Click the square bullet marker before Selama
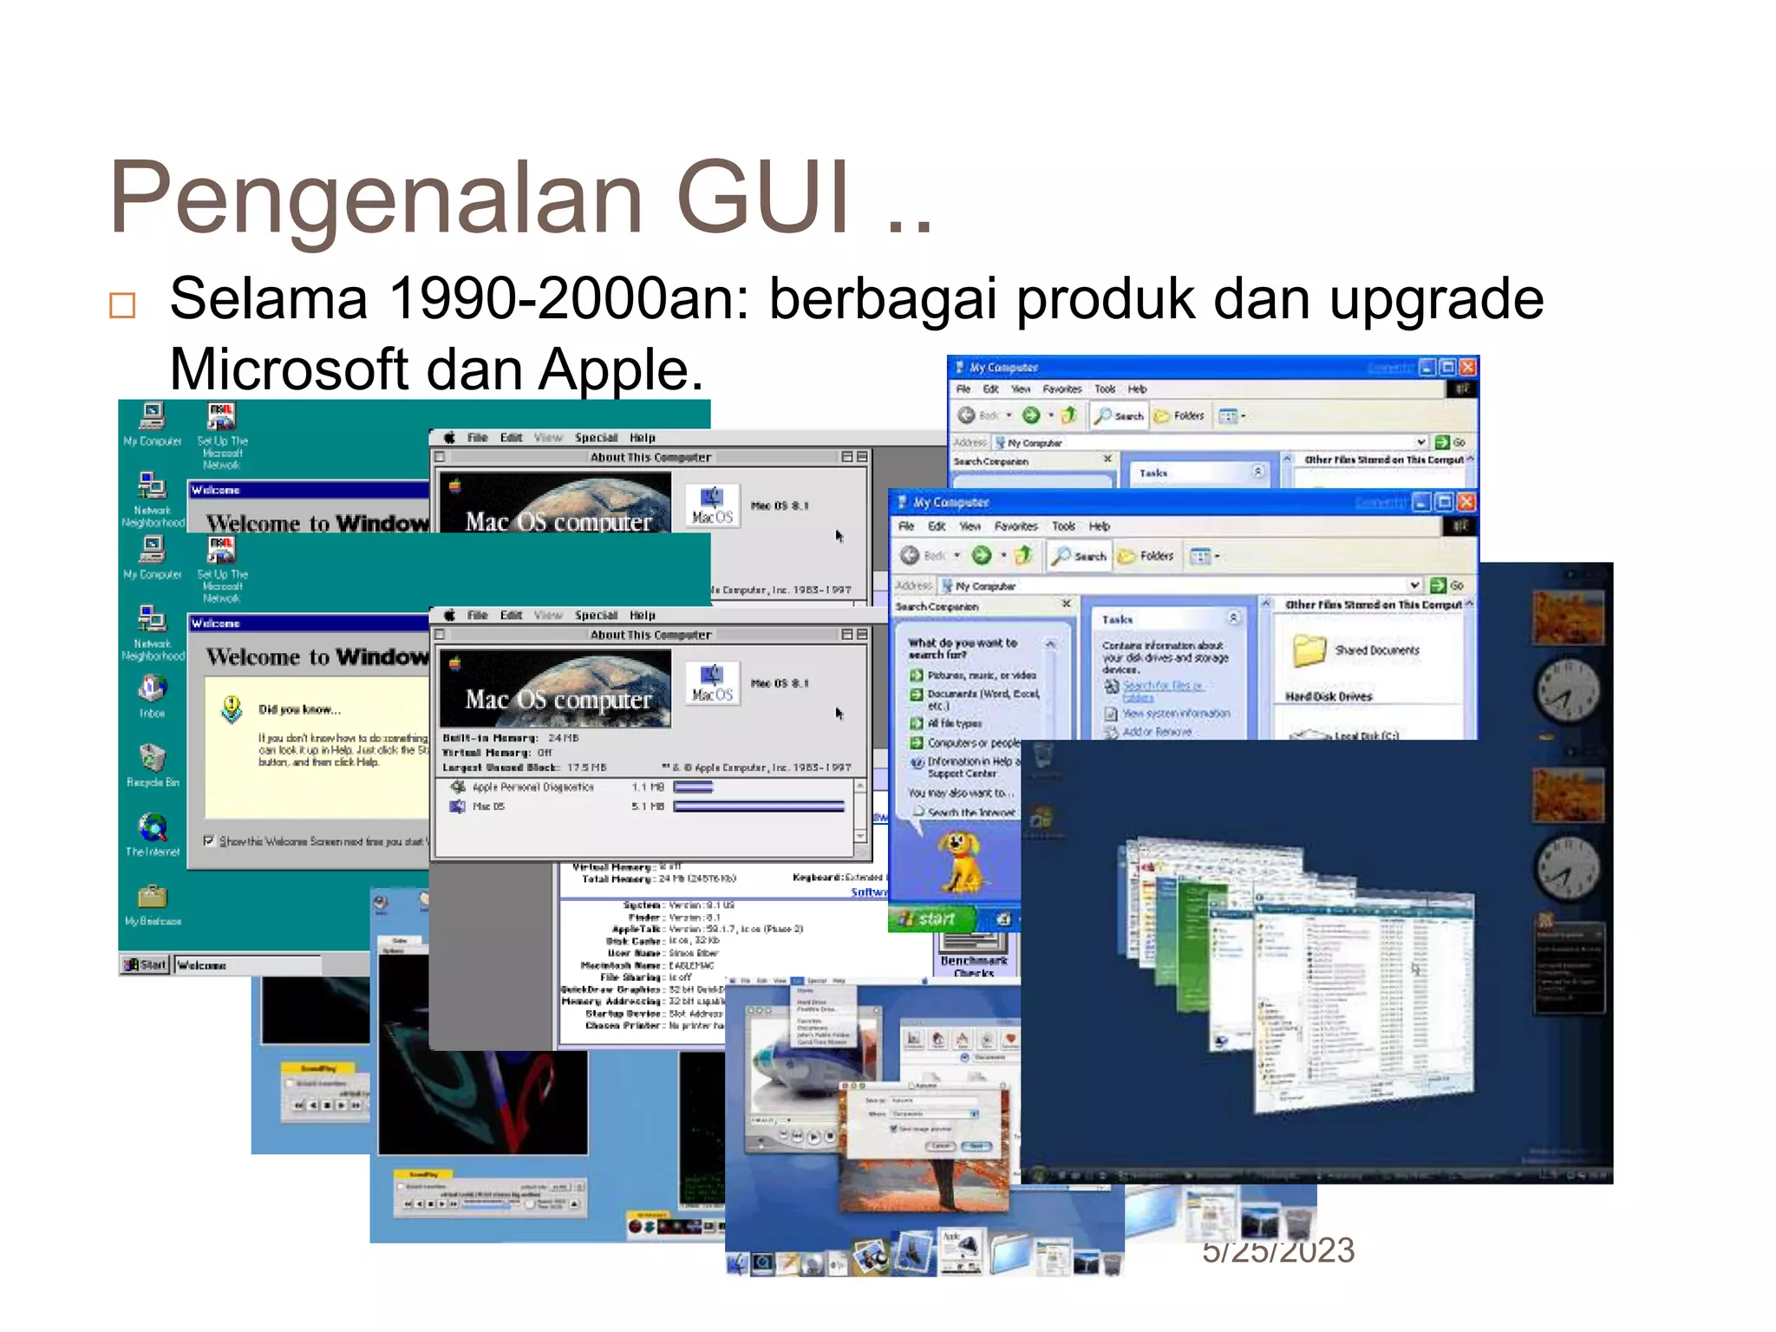pyautogui.click(x=122, y=305)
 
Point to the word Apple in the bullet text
pyautogui.click(x=620, y=369)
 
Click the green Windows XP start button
pyautogui.click(x=930, y=918)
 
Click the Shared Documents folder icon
pyautogui.click(x=1309, y=650)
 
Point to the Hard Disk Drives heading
pyautogui.click(x=1328, y=696)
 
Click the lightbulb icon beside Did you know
pyautogui.click(x=232, y=708)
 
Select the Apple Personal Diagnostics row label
pyautogui.click(x=532, y=787)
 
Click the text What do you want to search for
pyautogui.click(x=962, y=648)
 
